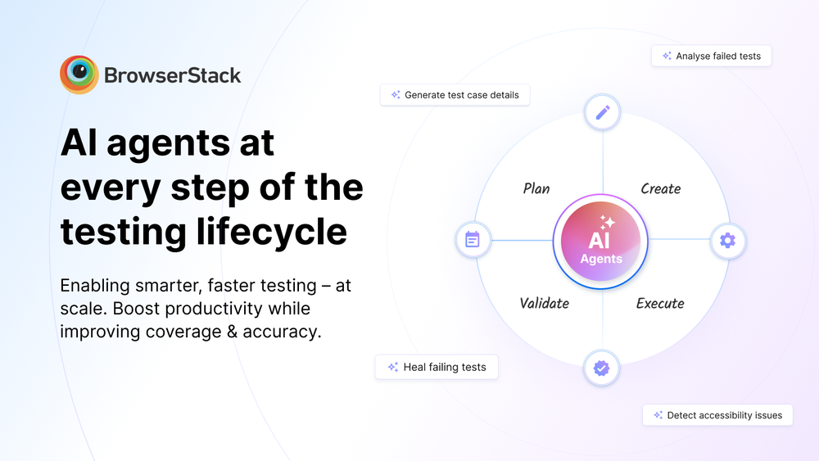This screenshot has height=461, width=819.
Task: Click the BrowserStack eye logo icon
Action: click(79, 75)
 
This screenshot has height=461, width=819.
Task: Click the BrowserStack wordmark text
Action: click(173, 76)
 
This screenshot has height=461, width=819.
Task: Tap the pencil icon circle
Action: click(603, 112)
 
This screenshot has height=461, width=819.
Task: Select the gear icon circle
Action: click(727, 241)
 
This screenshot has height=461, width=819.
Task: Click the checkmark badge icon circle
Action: click(602, 368)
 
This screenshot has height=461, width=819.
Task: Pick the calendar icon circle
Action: click(473, 240)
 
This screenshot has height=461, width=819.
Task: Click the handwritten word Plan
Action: click(536, 188)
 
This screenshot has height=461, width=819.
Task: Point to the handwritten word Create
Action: click(660, 188)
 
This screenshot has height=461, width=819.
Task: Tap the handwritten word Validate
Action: click(544, 303)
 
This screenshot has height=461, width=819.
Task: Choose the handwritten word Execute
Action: click(660, 303)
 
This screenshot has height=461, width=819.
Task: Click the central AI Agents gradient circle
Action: click(600, 242)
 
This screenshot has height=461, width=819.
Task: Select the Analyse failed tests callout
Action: click(711, 56)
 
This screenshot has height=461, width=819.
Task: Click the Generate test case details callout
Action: click(455, 95)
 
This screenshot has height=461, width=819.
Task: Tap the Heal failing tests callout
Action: click(437, 367)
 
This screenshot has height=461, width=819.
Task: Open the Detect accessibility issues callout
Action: click(717, 415)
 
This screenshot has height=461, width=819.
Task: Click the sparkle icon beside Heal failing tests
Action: click(393, 367)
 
